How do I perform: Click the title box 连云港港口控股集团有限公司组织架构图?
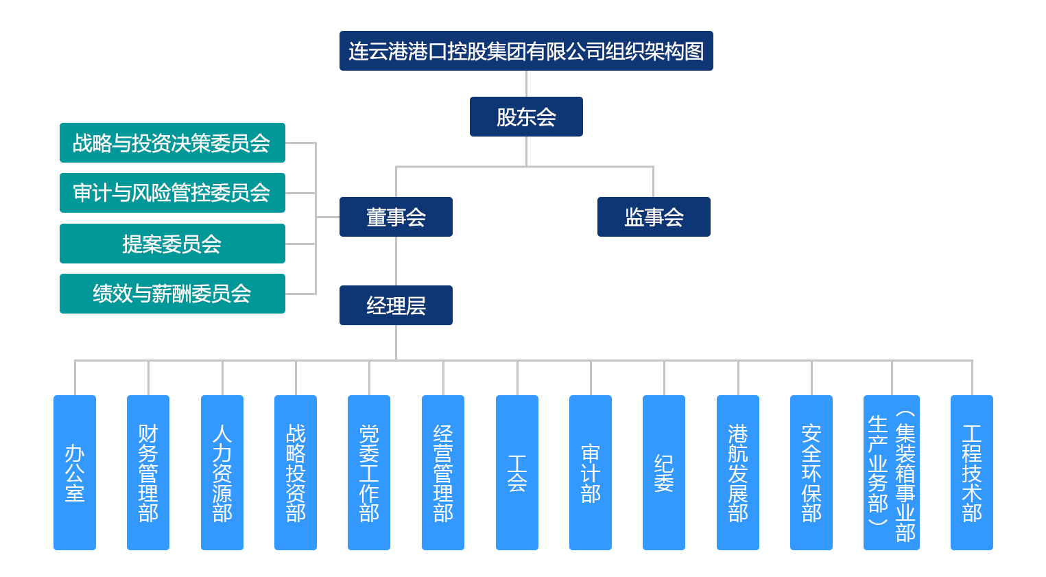point(526,51)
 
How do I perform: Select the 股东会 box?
point(526,117)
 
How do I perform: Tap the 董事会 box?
point(396,217)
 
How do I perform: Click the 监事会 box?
point(654,217)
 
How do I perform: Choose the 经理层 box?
point(396,305)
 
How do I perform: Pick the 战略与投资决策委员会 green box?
point(172,143)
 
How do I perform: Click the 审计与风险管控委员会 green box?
point(172,193)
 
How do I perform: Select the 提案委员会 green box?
point(172,244)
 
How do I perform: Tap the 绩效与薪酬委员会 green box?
point(172,294)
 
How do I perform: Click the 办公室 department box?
point(75,473)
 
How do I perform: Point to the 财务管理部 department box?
point(148,473)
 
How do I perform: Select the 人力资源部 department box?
point(222,473)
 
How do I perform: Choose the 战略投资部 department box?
point(296,473)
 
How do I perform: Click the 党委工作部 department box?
point(369,473)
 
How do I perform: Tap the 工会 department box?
point(517,473)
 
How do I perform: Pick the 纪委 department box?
point(664,473)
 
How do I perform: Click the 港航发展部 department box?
point(738,473)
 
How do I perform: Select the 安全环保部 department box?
point(811,473)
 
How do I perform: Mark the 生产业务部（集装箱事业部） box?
point(892,473)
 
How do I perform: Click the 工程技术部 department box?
point(972,473)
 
